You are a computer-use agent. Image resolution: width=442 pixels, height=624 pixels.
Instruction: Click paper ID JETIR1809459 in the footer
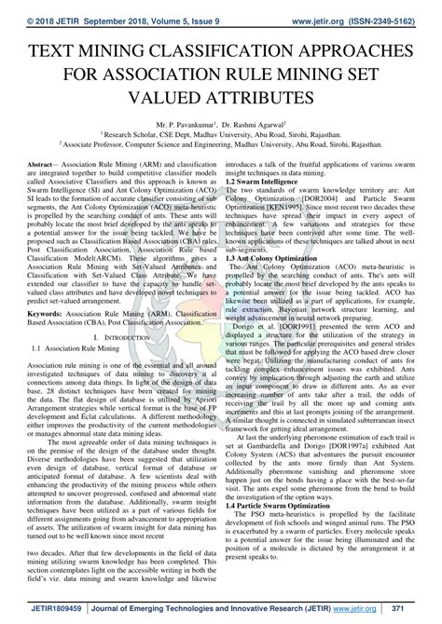pyautogui.click(x=37, y=608)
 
